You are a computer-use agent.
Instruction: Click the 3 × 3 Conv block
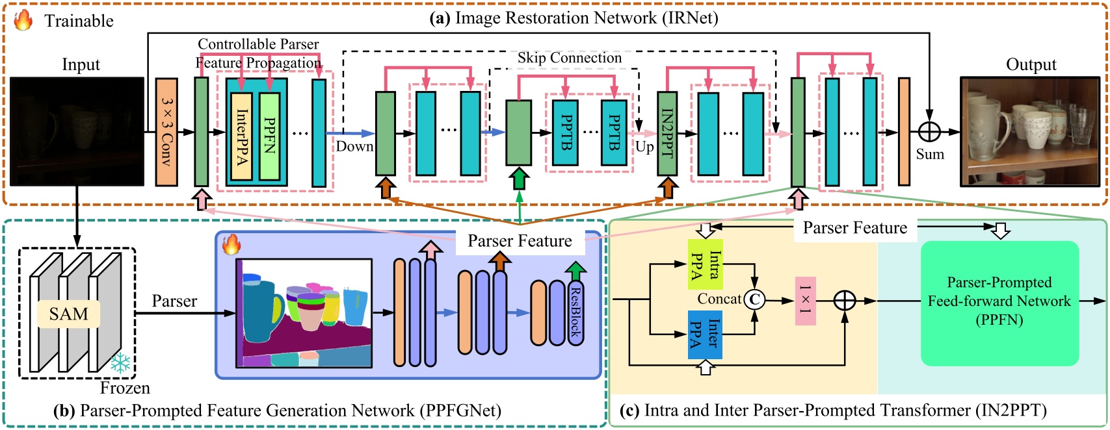tap(166, 132)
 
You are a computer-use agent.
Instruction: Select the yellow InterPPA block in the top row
tap(242, 136)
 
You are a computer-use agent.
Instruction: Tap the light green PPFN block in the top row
tap(270, 136)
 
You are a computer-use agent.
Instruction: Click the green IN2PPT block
tap(667, 133)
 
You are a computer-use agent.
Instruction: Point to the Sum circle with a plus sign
tap(929, 132)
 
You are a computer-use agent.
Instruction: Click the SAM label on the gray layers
tap(68, 314)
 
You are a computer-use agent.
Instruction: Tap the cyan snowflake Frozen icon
tap(120, 363)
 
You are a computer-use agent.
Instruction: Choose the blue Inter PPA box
tap(706, 334)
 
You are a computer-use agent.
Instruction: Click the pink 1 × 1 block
tap(805, 300)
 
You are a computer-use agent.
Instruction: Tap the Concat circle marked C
tap(754, 299)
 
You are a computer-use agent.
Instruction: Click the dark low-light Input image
tap(77, 132)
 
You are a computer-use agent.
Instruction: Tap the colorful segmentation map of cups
tap(304, 313)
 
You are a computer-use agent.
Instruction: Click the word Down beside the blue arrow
tap(354, 146)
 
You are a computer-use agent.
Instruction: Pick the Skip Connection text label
tap(570, 58)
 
